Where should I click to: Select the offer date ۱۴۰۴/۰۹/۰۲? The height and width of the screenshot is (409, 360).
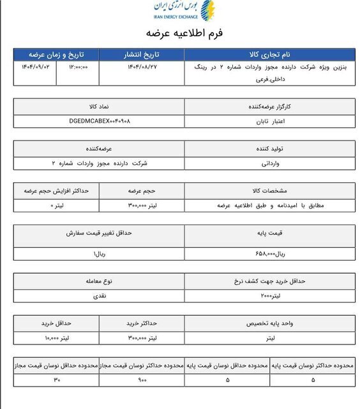[x=31, y=66]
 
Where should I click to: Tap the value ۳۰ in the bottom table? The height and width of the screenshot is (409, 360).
[x=56, y=380]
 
